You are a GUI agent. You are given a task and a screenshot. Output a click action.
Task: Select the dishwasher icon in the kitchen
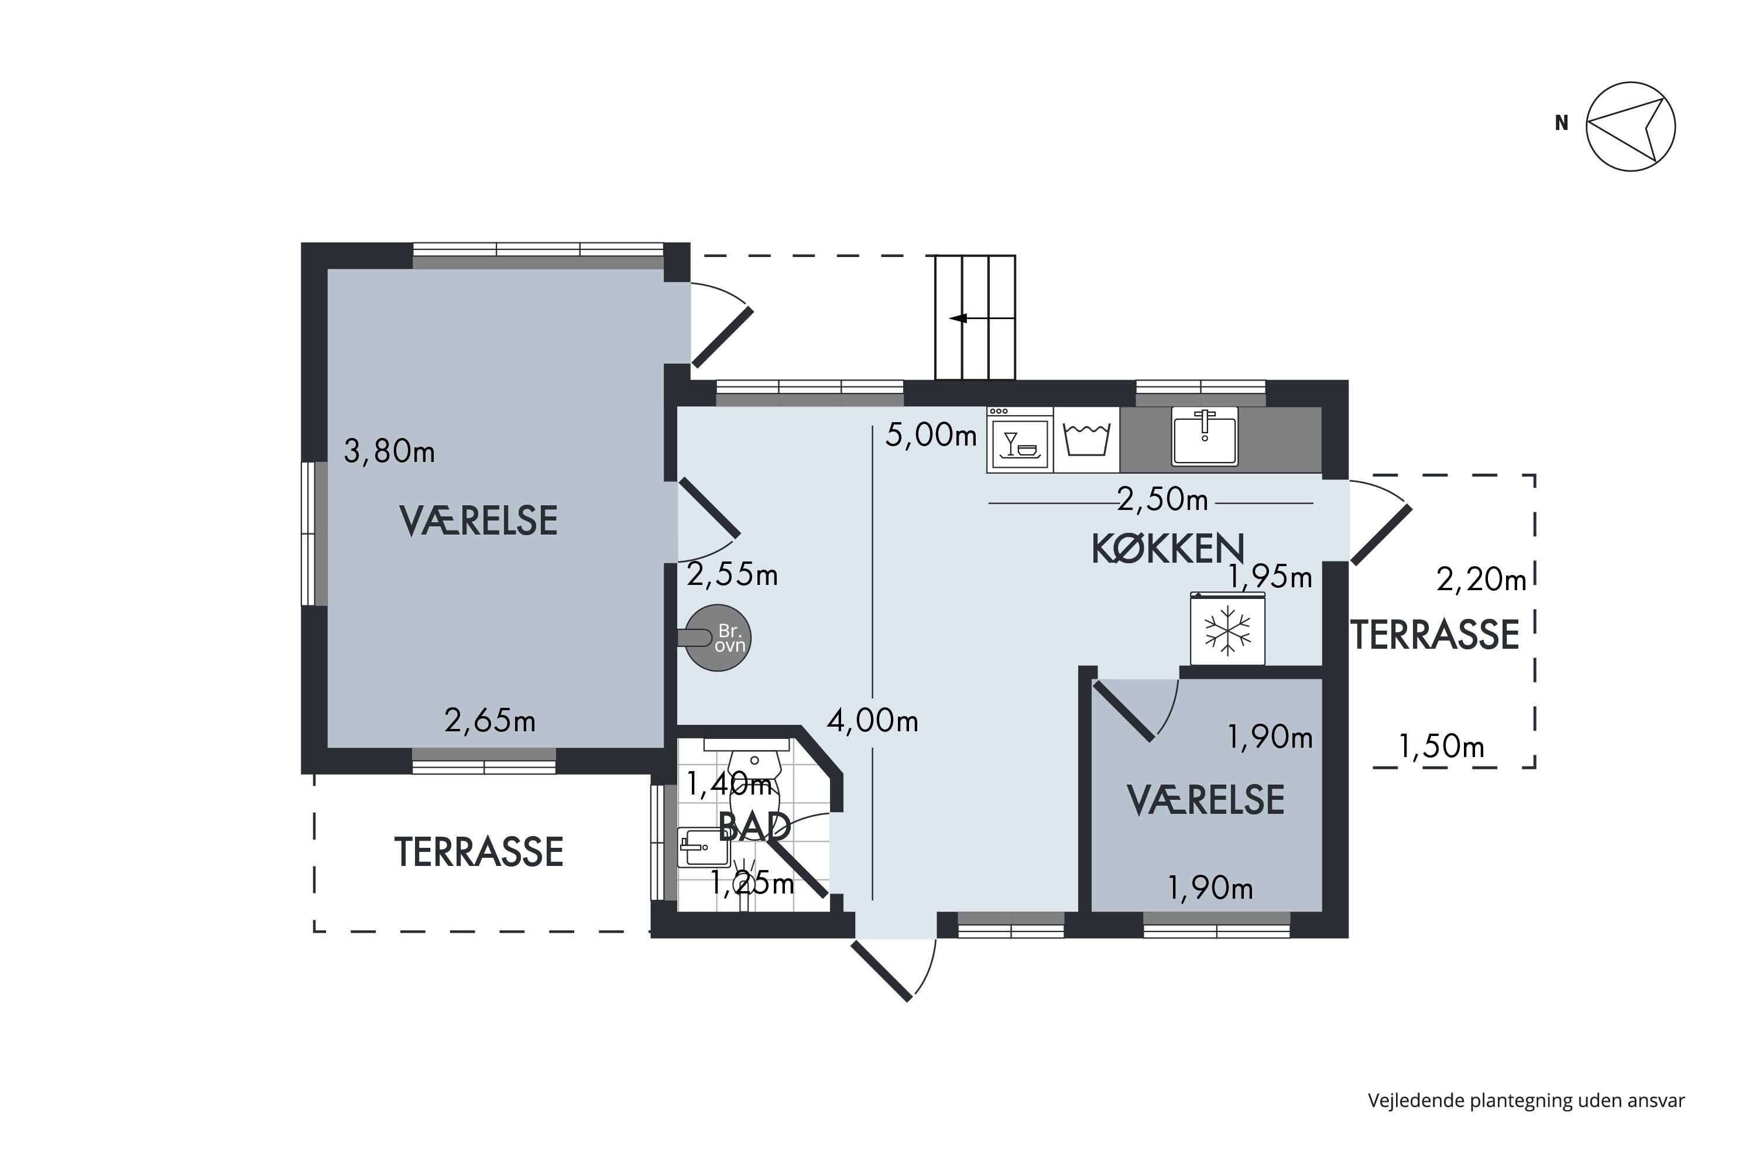tap(1020, 440)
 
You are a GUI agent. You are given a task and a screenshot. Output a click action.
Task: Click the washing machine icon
tap(1086, 440)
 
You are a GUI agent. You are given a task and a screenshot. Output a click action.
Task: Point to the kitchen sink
tap(1204, 436)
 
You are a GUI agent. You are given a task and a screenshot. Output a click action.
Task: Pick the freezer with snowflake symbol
tap(1227, 628)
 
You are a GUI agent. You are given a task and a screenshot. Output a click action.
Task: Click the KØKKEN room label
tap(1168, 549)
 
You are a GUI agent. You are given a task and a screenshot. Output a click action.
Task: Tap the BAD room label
tap(754, 827)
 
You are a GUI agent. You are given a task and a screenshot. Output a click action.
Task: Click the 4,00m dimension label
tap(872, 721)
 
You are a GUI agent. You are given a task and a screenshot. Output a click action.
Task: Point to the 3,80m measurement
tap(389, 451)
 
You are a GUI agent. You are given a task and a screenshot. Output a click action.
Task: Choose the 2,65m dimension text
tap(490, 721)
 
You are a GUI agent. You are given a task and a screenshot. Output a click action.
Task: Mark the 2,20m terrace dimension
tap(1481, 580)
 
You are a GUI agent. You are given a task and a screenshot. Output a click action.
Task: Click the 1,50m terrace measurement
tap(1441, 746)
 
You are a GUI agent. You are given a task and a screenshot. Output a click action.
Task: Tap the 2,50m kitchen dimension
tap(1162, 499)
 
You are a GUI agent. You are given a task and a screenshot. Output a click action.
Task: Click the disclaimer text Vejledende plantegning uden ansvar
tap(1526, 1101)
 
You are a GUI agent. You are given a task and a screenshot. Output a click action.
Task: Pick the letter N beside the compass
tap(1561, 123)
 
